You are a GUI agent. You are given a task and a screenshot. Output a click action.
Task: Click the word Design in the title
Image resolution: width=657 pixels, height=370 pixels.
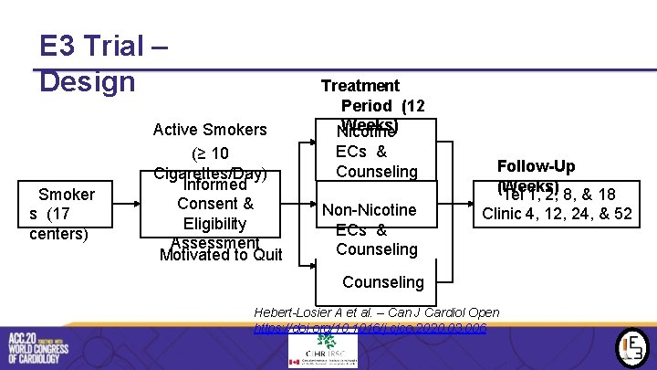point(87,81)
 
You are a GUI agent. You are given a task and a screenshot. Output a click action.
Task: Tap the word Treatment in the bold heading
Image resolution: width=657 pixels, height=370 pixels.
point(360,86)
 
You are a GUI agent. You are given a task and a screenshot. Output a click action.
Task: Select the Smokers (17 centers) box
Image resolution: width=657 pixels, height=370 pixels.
point(62,214)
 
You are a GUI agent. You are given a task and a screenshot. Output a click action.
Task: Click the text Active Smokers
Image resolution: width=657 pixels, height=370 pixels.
point(210,129)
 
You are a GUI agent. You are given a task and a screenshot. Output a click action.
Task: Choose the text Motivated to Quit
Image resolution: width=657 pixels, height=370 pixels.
point(220,255)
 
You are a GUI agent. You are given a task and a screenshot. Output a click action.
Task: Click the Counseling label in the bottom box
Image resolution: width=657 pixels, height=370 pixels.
point(382,282)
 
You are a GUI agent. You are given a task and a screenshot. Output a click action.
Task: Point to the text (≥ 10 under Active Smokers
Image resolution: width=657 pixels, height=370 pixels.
point(210,153)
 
